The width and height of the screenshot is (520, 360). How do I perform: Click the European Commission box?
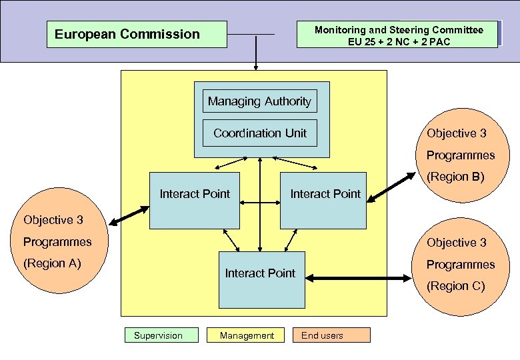pyautogui.click(x=137, y=34)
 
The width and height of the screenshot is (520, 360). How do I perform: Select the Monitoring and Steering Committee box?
pyautogui.click(x=398, y=35)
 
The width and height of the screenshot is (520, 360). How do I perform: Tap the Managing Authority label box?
pyautogui.click(x=259, y=101)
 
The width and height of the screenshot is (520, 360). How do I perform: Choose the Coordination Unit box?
pyautogui.click(x=259, y=133)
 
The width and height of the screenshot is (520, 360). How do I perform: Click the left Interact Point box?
pyautogui.click(x=194, y=201)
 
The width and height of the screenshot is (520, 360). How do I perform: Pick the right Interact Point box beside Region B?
pyautogui.click(x=323, y=201)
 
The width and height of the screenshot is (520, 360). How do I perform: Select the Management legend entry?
pyautogui.click(x=246, y=335)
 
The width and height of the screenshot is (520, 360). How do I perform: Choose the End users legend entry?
pyautogui.click(x=331, y=335)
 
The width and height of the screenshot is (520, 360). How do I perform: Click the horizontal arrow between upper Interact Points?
pyautogui.click(x=260, y=201)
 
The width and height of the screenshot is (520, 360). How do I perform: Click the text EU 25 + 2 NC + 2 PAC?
pyautogui.click(x=399, y=42)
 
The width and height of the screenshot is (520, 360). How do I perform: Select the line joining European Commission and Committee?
pyautogui.click(x=250, y=34)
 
